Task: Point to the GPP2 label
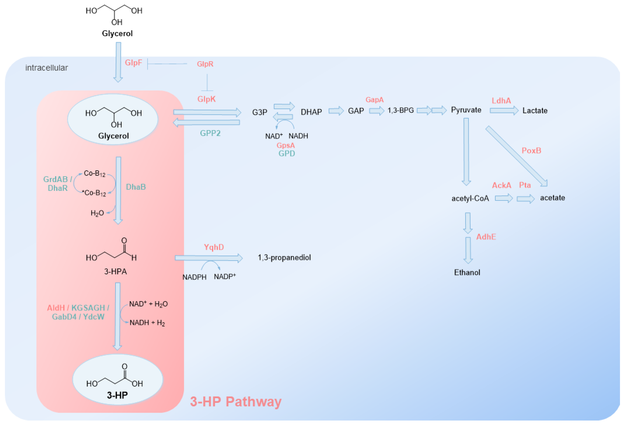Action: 210,133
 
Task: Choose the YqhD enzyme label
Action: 214,247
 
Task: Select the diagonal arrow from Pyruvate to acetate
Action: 516,156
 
